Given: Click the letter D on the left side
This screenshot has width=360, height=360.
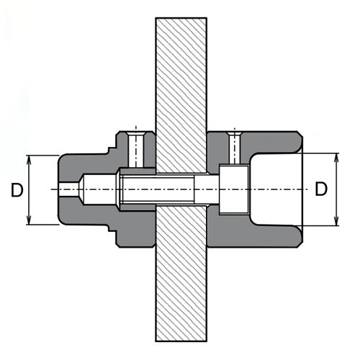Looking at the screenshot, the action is [17, 190].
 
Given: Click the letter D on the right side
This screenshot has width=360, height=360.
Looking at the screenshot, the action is [321, 189].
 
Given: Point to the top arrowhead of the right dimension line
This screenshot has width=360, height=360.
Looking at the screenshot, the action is [337, 158].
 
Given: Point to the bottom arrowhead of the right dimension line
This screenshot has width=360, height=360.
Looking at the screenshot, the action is [337, 220].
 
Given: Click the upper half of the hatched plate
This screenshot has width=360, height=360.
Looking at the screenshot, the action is [181, 95].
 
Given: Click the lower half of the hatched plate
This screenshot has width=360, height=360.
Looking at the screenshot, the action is [181, 274].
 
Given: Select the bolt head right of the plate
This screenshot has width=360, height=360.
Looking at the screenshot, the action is [234, 189].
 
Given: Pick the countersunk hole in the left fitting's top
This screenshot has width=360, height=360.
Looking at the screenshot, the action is [136, 150].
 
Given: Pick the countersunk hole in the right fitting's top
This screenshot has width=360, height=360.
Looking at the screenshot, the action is [235, 148].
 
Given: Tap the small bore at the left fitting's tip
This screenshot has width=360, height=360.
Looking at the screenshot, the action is [68, 189].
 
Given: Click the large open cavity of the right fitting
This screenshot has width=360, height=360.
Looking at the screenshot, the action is [276, 189].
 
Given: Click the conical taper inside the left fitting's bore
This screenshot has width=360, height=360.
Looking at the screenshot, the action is [81, 189].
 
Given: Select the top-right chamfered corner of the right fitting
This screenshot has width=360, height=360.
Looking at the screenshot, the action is [300, 134].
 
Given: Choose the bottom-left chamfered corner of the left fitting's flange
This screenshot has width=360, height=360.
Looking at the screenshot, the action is [118, 245].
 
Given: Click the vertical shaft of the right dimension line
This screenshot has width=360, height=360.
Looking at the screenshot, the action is [337, 189].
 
